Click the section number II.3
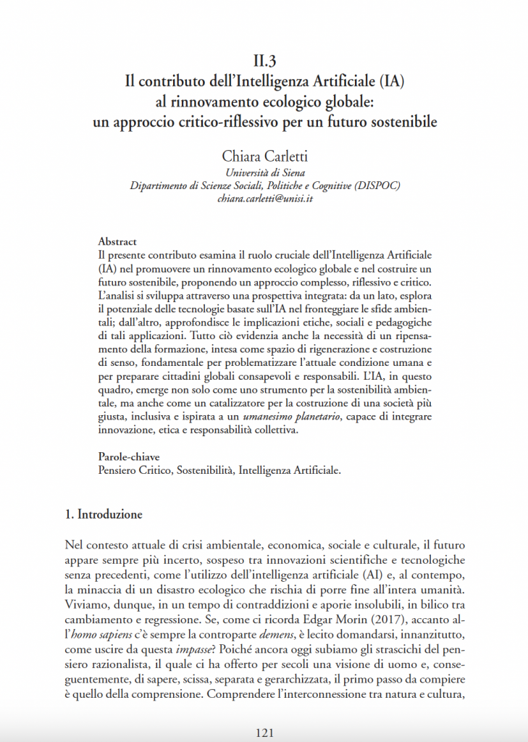264,62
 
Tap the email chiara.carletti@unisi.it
264,198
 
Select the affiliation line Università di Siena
264,172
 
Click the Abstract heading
117,241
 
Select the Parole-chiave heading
129,457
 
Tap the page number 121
264,733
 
